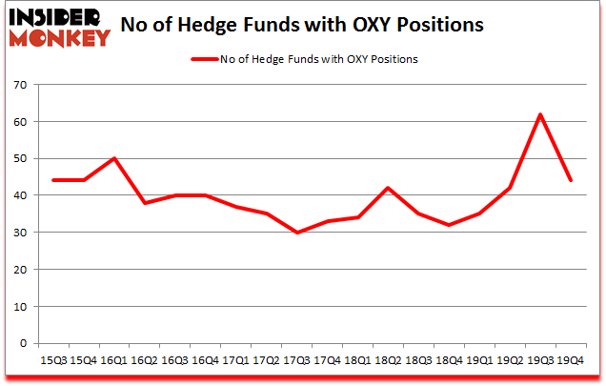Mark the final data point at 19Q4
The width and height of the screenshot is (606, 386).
pyautogui.click(x=570, y=180)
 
